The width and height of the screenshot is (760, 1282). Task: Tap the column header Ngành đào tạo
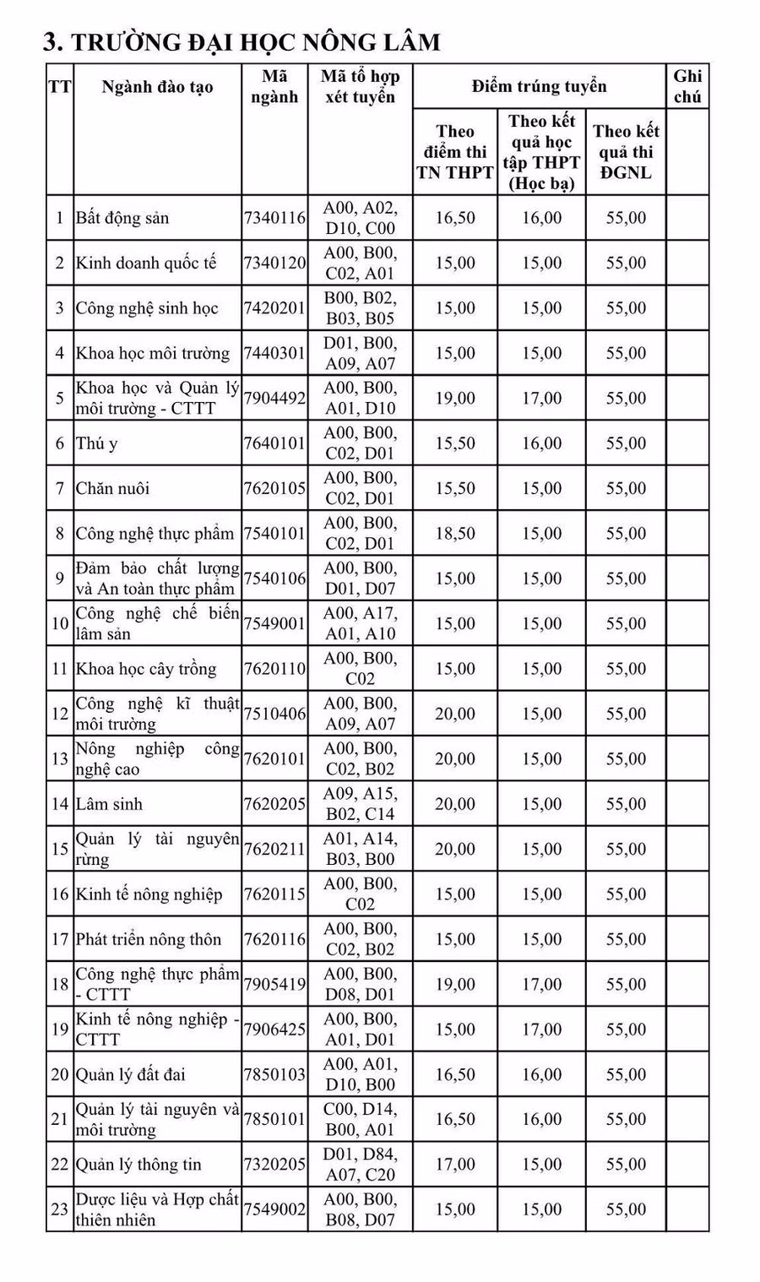[157, 87]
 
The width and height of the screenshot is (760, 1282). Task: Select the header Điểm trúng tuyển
[539, 86]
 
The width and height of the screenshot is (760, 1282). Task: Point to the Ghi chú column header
[687, 86]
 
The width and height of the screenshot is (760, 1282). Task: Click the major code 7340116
[274, 218]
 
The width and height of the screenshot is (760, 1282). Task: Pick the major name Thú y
[97, 443]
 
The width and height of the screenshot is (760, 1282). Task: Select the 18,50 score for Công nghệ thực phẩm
[455, 534]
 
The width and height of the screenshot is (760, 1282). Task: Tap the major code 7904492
[274, 399]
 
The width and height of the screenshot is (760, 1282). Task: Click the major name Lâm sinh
[109, 804]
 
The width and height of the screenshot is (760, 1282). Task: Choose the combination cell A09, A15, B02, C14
[360, 804]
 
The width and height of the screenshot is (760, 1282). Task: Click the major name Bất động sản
[122, 218]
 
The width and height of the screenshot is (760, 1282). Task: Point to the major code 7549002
[274, 1209]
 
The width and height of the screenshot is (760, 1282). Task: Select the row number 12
[59, 714]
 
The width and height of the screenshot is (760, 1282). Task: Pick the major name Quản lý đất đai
[131, 1074]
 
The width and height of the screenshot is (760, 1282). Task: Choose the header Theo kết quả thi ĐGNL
[626, 152]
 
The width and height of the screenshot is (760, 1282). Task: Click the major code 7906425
[274, 1029]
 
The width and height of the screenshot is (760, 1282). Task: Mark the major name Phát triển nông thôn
[149, 939]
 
